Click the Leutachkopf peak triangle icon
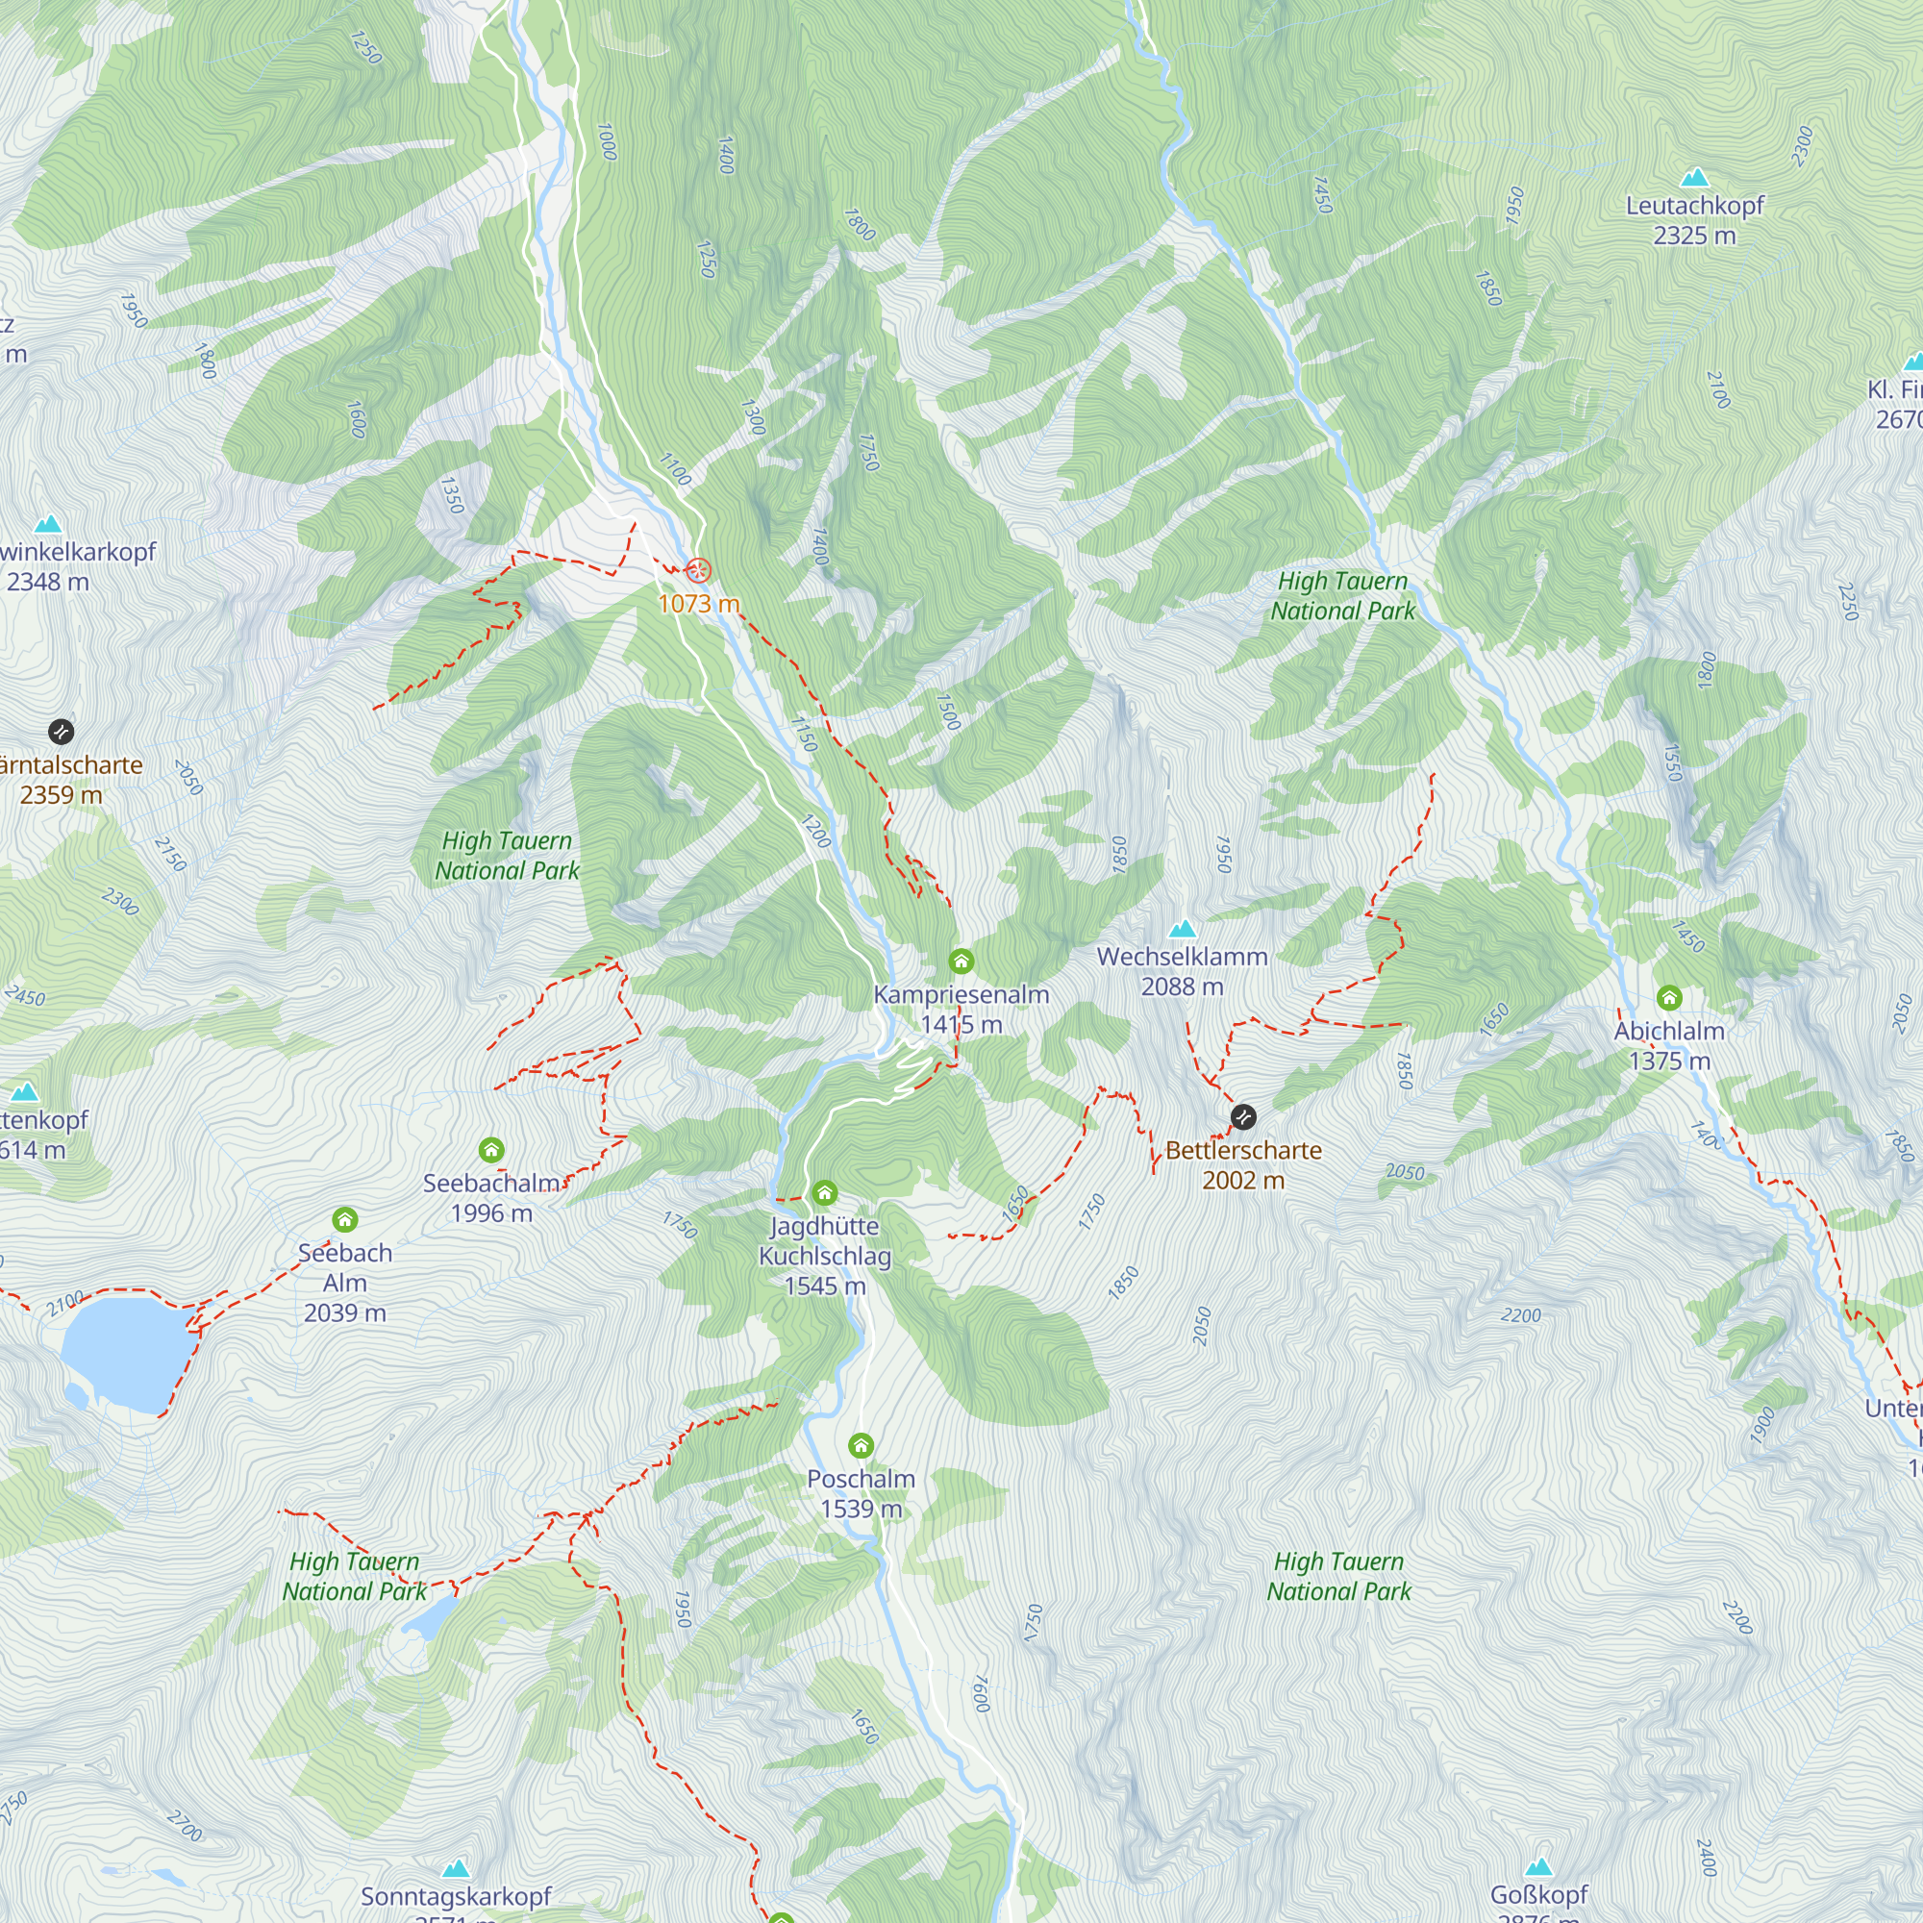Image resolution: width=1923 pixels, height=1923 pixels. pos(1694,178)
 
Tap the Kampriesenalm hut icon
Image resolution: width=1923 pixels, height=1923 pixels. pos(961,961)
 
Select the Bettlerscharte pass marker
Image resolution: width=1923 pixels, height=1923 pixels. pos(1243,1116)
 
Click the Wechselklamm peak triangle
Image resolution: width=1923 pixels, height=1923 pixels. pos(1182,929)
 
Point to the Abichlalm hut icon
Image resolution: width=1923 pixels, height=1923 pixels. pos(1669,997)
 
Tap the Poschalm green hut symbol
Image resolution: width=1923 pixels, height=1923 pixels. pos(861,1445)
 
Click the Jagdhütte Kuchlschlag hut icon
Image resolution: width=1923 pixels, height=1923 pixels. pos(824,1192)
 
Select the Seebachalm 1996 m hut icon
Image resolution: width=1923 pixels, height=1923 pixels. pos(490,1151)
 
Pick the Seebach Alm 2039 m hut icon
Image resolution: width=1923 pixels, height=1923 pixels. pos(344,1219)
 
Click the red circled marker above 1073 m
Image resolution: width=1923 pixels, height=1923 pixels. pos(699,570)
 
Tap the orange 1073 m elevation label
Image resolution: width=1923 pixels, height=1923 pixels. pos(699,603)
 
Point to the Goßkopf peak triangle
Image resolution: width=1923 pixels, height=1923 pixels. pos(1538,1866)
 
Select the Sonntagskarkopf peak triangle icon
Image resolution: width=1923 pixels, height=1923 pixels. pos(456,1868)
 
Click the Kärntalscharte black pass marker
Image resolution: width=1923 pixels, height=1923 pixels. pos(61,732)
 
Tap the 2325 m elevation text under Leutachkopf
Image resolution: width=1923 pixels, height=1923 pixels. pos(1694,236)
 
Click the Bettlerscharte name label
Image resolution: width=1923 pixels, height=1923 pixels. pos(1243,1151)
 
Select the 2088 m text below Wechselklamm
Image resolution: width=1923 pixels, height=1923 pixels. pos(1182,986)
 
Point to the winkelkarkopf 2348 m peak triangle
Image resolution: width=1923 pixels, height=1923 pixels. pos(47,525)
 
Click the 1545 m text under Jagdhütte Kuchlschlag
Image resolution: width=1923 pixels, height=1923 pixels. pos(824,1286)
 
